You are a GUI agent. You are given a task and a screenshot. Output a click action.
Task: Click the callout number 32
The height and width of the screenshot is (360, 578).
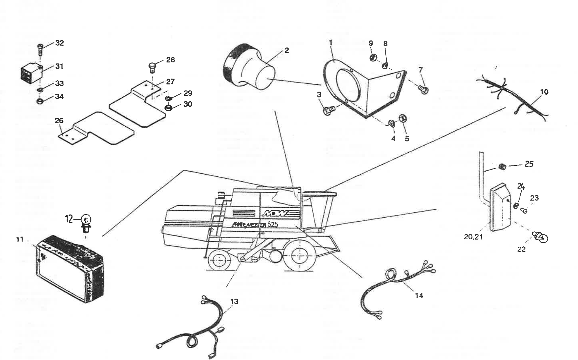pos(59,43)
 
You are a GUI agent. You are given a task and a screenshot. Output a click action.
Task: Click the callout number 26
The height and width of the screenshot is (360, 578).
pos(59,120)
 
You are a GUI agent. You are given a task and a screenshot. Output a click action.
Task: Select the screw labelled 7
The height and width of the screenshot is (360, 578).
pos(423,90)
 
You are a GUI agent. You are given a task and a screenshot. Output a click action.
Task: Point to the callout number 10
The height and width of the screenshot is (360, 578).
pos(544,92)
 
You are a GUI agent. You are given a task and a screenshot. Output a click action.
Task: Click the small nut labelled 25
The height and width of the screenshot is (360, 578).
pos(502,167)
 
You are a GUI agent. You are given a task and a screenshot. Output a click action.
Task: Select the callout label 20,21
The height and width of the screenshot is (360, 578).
pos(473,237)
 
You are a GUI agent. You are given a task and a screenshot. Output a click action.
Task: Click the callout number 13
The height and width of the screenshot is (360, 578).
pos(234,301)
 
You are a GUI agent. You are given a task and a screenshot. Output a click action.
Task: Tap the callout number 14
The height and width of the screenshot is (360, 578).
pos(419,295)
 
